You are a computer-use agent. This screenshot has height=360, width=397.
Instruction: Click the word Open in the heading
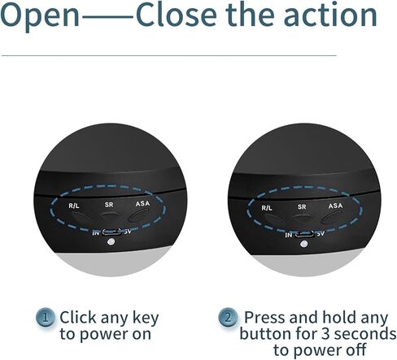40,16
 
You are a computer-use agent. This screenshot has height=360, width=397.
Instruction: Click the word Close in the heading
177,15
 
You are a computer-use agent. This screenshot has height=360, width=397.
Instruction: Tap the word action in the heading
330,15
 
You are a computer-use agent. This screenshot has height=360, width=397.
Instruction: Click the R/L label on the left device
74,206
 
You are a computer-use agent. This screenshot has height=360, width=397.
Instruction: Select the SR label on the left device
109,205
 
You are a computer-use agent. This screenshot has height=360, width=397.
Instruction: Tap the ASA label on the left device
142,203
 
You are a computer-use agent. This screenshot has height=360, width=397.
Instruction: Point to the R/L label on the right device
267,208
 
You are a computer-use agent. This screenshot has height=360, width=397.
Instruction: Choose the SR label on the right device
302,207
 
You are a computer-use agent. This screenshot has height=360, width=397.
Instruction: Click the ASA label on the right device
335,206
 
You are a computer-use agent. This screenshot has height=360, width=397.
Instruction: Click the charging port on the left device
111,232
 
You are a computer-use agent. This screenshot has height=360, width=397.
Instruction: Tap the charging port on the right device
304,234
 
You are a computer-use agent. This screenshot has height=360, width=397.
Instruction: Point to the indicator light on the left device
111,241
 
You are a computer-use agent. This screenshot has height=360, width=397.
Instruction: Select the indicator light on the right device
303,244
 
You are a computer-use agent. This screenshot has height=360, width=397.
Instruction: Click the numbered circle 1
46,317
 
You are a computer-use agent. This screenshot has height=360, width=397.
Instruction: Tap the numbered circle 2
228,317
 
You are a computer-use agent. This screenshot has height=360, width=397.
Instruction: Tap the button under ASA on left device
138,217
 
